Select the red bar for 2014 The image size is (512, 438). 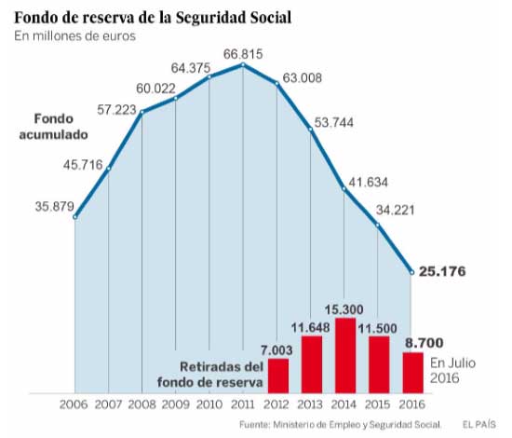[345, 354]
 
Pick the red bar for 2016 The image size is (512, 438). [412, 371]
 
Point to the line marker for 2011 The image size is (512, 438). [244, 64]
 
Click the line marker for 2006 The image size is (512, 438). [75, 216]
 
